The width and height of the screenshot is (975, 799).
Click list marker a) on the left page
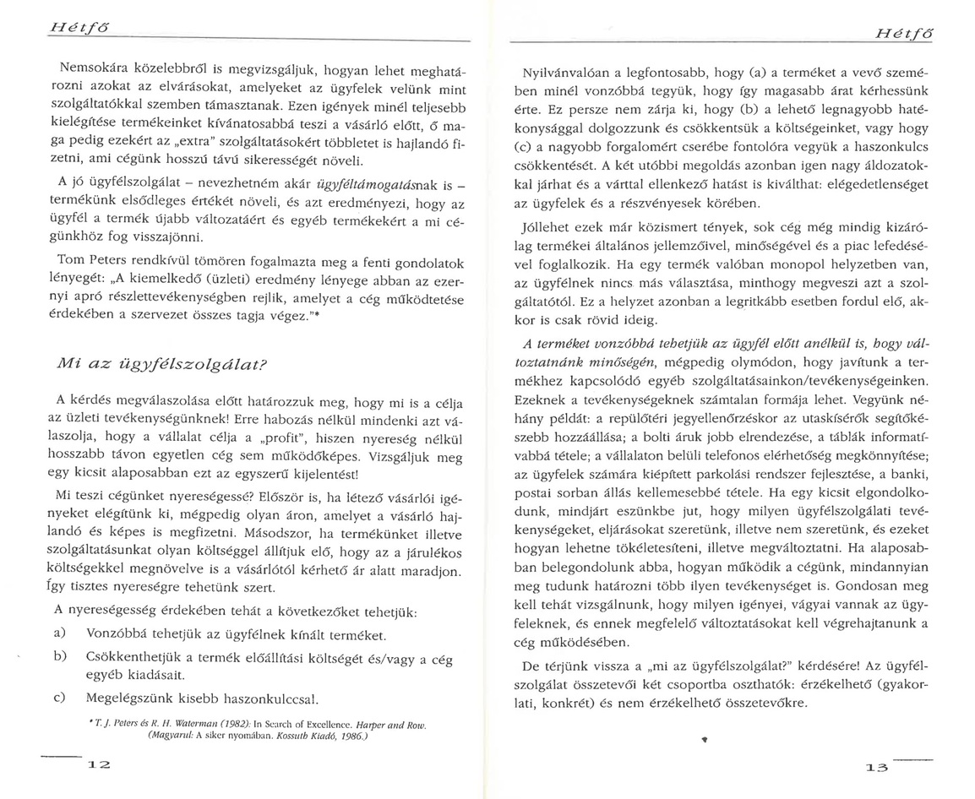click(60, 633)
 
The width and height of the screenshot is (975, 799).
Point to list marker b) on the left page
click(60, 655)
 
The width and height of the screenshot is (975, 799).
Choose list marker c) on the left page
click(60, 698)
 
